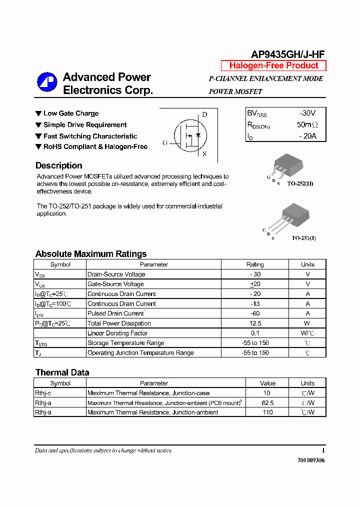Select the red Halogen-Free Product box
pos(273,65)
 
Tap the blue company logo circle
pos(47,82)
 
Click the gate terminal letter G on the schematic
pos(165,143)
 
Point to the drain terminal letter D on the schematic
pos(204,114)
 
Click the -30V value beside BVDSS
pos(307,113)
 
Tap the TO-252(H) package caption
pos(300,184)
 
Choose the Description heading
pos(59,165)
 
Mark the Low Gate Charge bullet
pos(70,113)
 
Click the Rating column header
pos(255,264)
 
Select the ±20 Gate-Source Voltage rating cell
pos(255,284)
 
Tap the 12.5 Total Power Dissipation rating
pos(255,323)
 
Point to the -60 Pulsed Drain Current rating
pos(255,313)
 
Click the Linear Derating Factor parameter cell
pos(117,333)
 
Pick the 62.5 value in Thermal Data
pos(268,402)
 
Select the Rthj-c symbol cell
pos(43,393)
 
